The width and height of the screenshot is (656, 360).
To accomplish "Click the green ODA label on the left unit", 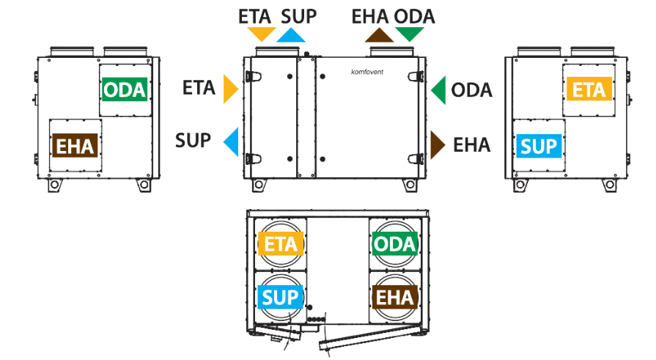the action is click(x=125, y=89).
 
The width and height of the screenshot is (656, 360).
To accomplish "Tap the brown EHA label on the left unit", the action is click(x=75, y=146).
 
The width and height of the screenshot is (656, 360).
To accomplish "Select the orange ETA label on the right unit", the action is click(x=589, y=89).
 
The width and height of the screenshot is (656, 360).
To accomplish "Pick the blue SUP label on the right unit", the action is click(x=539, y=146).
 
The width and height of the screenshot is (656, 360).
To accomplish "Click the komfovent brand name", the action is click(x=367, y=72).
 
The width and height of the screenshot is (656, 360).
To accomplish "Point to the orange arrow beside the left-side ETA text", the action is click(x=231, y=89).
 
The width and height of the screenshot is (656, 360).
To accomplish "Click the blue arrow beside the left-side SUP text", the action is click(x=231, y=142).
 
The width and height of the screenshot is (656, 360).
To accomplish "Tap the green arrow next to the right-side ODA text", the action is click(x=438, y=90).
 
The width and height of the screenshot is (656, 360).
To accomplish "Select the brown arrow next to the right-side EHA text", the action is click(x=438, y=145).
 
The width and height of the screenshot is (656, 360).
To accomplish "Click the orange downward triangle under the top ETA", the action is click(x=262, y=34).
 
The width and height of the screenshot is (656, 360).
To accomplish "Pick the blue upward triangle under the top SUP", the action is click(x=291, y=36).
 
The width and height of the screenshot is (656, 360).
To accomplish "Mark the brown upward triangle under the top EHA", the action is click(x=379, y=36).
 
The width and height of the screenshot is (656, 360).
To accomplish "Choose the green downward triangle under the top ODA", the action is click(x=410, y=34).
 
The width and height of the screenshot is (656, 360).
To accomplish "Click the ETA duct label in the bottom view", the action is click(x=281, y=243).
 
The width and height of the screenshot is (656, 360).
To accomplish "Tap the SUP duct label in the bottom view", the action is click(x=280, y=297).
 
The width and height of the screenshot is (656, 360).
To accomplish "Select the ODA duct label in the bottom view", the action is click(x=395, y=243).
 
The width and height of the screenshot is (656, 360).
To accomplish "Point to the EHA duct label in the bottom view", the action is click(x=395, y=297).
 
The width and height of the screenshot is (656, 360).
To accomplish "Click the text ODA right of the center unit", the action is click(x=471, y=90).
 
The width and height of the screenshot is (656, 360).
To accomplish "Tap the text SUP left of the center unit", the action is click(x=193, y=141).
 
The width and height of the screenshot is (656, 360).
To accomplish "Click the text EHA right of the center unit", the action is click(x=471, y=145).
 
